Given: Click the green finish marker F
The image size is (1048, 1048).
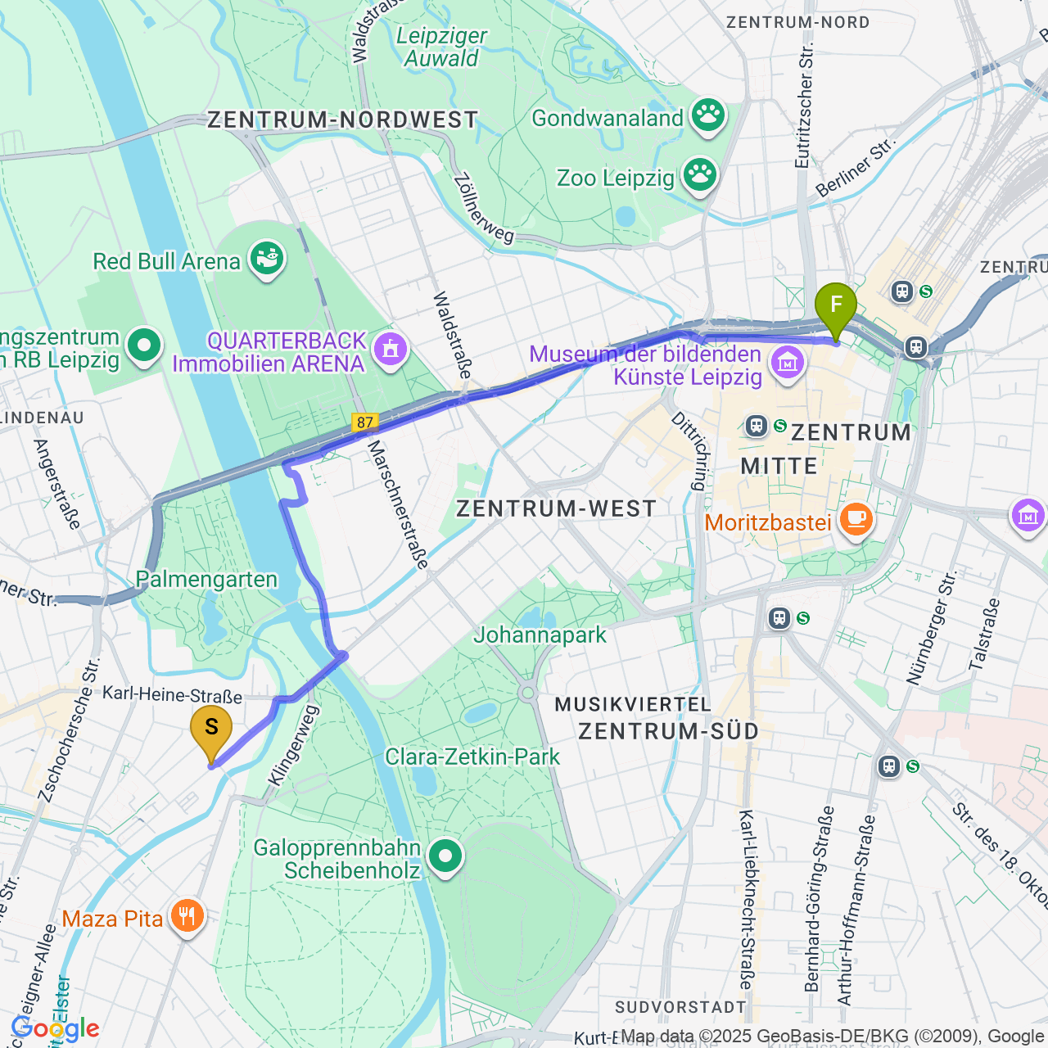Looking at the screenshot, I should (x=836, y=306).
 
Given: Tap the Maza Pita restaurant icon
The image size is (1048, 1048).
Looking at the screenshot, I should (x=187, y=917).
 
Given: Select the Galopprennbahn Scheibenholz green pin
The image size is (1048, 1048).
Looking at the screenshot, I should (x=445, y=858).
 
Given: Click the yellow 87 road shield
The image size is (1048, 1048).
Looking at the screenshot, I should (x=365, y=422).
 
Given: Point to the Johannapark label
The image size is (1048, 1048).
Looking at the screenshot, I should (x=540, y=635).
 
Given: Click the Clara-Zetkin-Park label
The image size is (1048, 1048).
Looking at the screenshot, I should (x=472, y=757).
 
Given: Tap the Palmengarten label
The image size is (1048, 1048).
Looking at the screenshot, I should (x=206, y=579).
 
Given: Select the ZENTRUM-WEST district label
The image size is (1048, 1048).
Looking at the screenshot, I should (x=556, y=508).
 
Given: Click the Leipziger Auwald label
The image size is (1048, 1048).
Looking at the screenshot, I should (x=441, y=47).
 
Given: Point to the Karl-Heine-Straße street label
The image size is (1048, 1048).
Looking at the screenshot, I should (x=172, y=695).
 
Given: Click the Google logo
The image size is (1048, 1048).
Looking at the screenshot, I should (x=55, y=1028).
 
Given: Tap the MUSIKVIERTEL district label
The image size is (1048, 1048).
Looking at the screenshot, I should (x=633, y=705).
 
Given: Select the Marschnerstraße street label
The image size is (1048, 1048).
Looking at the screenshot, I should (x=397, y=504).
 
